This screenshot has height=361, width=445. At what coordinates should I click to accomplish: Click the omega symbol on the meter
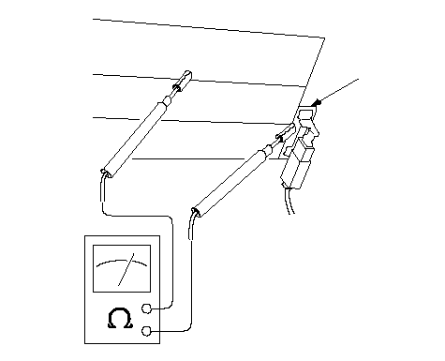tap(121, 318)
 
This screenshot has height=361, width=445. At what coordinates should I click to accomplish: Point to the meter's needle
tap(126, 269)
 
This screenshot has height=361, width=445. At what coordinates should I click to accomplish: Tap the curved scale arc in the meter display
tap(122, 262)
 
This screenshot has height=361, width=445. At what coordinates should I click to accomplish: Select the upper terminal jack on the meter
tap(146, 308)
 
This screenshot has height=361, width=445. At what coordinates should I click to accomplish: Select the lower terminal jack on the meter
tap(146, 331)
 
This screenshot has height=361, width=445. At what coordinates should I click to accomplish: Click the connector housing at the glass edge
tap(299, 148)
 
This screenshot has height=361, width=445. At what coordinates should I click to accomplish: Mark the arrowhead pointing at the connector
tap(318, 102)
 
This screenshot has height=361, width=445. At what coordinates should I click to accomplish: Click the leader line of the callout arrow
tap(338, 91)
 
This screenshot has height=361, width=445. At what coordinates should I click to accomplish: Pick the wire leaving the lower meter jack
tap(191, 281)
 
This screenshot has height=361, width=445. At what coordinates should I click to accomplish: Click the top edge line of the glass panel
tap(209, 28)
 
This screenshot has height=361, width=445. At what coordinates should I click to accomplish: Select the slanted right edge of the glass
tap(309, 79)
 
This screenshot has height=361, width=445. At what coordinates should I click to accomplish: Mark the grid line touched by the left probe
tap(199, 81)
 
